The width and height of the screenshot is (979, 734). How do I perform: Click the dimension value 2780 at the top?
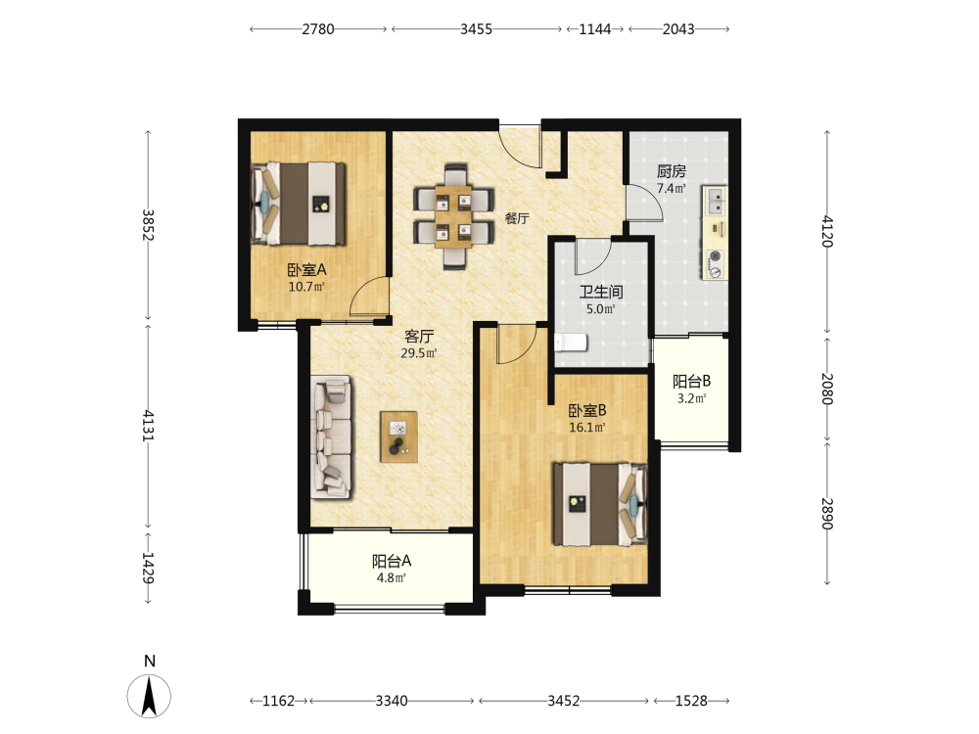[x=318, y=29]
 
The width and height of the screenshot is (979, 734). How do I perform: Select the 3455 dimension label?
[x=477, y=29]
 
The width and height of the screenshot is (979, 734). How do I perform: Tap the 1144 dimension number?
[x=595, y=29]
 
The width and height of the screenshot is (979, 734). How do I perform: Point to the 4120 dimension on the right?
[x=827, y=232]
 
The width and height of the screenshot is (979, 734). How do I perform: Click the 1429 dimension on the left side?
[x=148, y=568]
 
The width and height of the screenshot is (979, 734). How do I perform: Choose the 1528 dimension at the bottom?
[x=691, y=701]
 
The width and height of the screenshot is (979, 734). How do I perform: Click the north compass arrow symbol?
[x=149, y=696]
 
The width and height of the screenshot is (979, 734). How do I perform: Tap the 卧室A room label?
[x=306, y=270]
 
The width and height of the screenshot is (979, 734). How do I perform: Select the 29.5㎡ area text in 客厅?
[x=418, y=353]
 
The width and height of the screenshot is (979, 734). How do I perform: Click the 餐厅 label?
[x=517, y=218]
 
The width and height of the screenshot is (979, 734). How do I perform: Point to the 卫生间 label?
[x=601, y=292]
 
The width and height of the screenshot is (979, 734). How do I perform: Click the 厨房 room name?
[x=672, y=171]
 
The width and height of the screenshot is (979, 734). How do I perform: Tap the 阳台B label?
[x=691, y=382]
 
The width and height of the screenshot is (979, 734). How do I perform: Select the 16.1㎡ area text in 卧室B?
[x=586, y=429]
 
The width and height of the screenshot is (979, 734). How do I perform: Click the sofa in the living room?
[x=332, y=436]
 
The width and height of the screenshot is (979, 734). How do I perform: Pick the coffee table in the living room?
[x=399, y=436]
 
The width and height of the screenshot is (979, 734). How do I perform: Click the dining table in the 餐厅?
[x=454, y=216]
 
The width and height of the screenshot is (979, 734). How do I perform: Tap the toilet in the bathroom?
[x=572, y=342]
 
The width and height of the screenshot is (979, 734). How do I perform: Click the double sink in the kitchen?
[x=716, y=201]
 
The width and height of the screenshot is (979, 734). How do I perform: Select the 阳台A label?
[x=392, y=561]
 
